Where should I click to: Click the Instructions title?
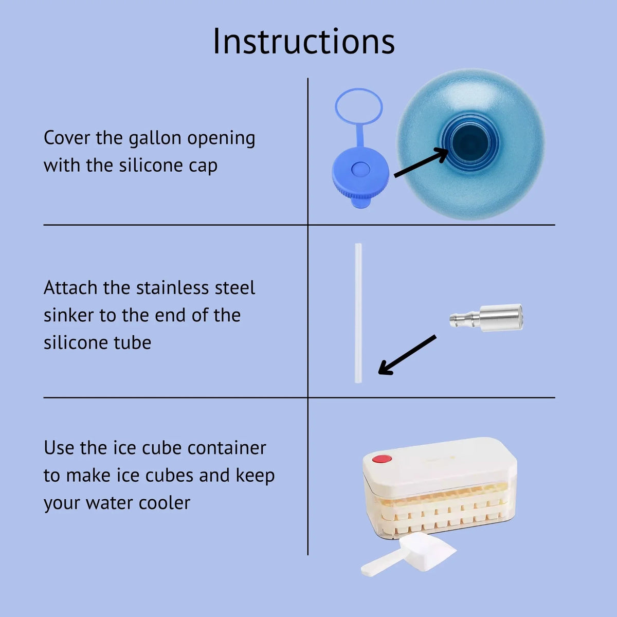(303, 42)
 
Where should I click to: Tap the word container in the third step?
(227, 448)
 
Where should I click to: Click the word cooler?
(164, 503)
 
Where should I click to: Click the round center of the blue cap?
(360, 169)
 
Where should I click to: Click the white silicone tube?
(358, 313)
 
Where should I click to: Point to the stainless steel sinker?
(486, 318)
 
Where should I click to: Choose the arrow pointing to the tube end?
(407, 355)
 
